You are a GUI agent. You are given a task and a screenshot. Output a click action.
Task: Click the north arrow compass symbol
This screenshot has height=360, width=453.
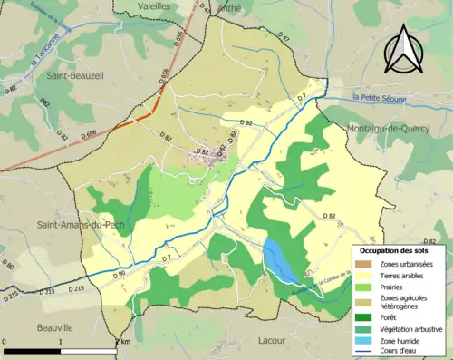tap(401, 49)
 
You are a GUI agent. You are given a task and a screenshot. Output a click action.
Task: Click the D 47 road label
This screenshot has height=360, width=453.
tap(284, 39)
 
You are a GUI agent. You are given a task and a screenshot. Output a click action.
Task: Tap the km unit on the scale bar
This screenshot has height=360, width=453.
tap(125, 343)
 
